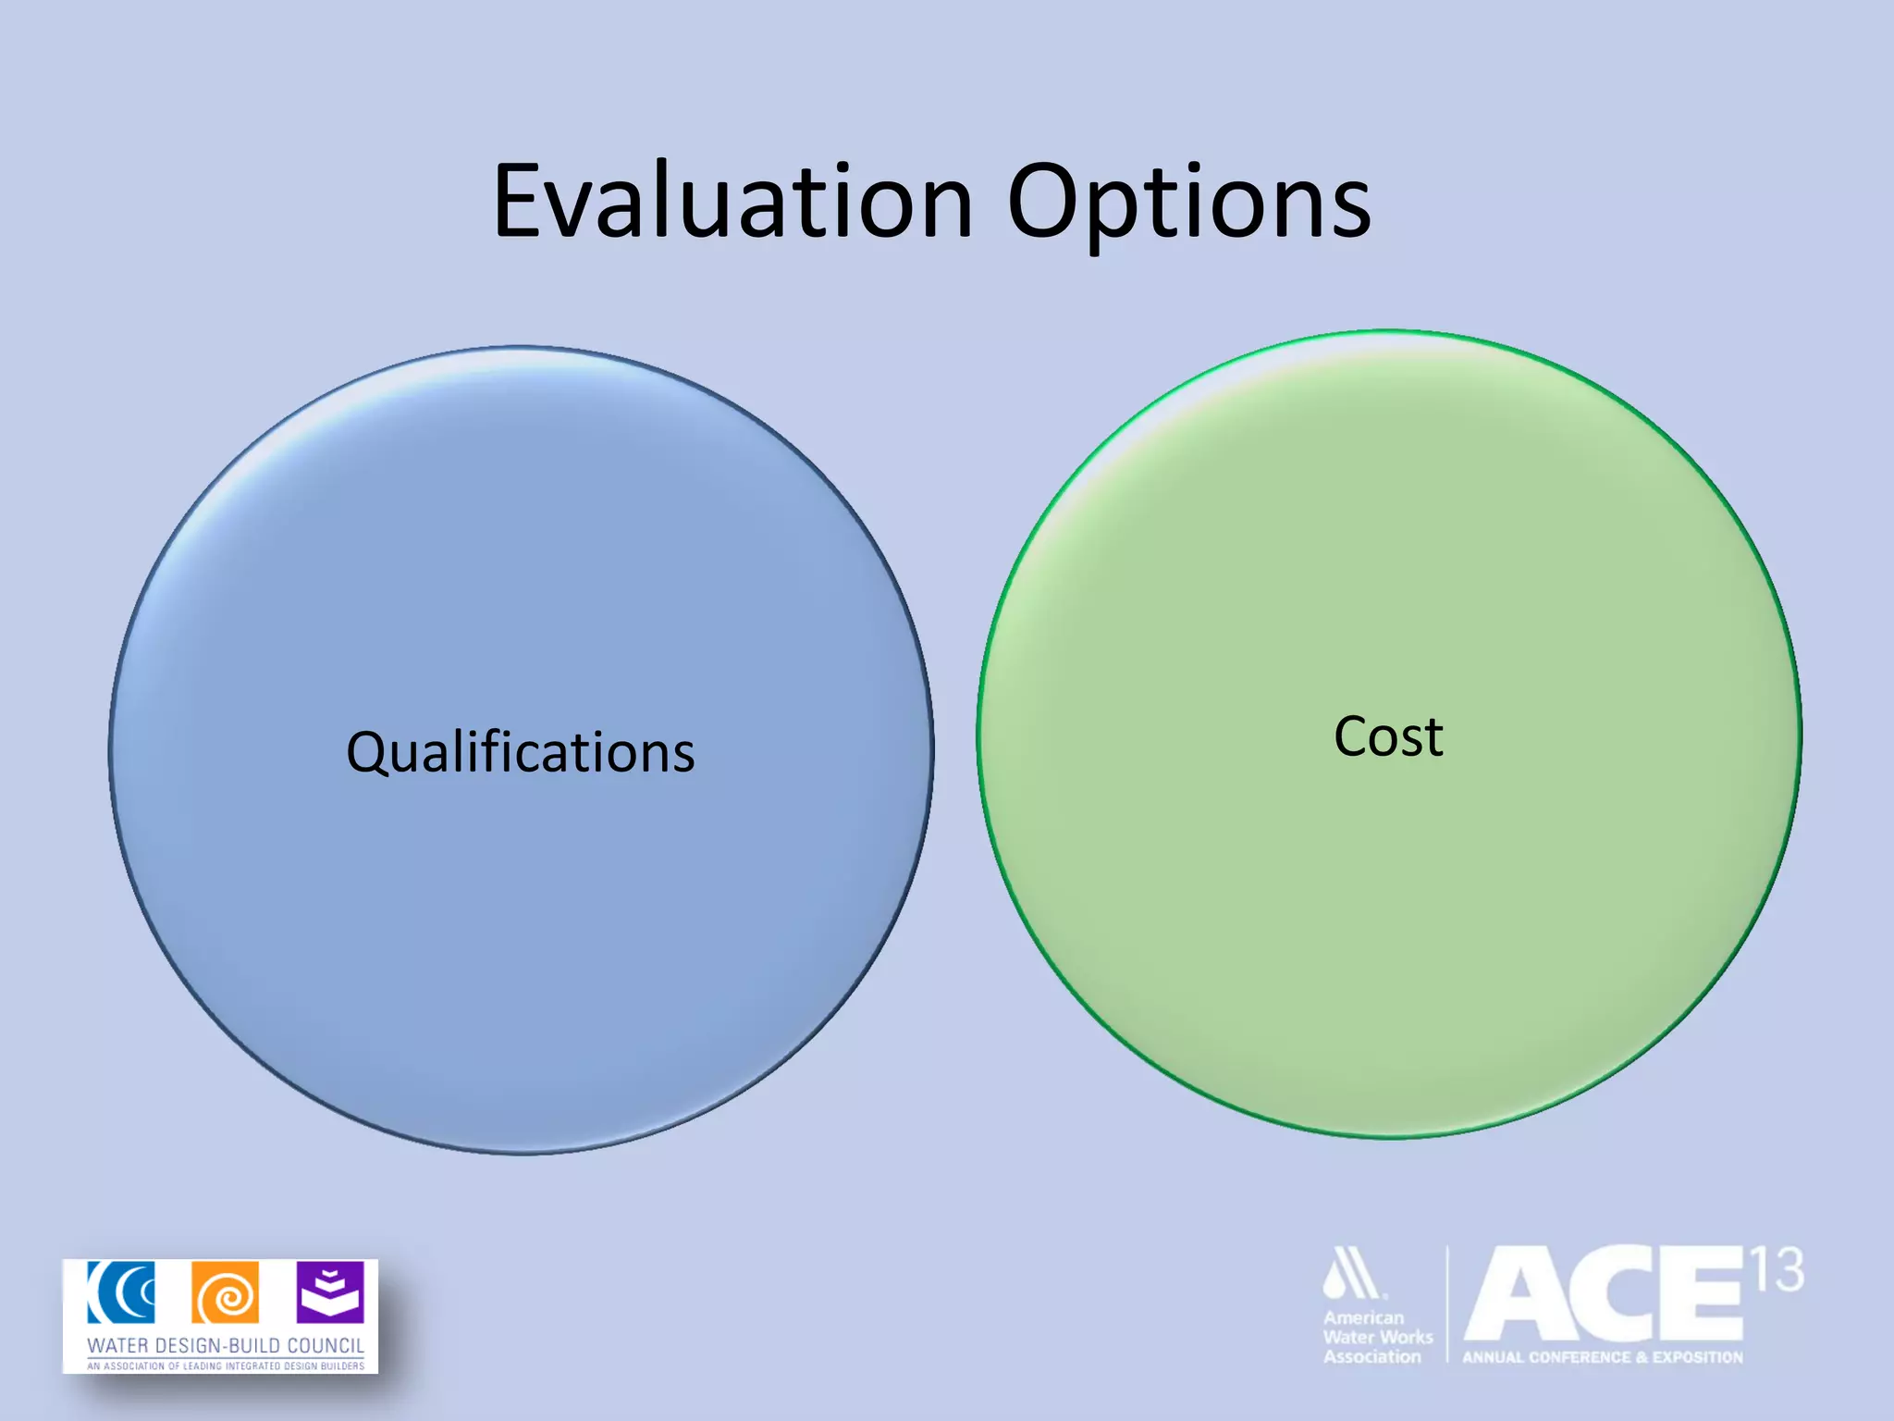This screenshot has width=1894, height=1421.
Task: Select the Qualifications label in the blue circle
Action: [521, 752]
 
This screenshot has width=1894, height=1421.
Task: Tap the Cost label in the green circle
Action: [1388, 737]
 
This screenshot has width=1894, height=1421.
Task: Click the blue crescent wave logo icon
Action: [121, 1292]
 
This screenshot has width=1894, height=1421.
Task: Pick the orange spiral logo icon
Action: [225, 1292]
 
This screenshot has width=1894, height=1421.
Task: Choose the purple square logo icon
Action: [330, 1292]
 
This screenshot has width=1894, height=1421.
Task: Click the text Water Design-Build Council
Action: [225, 1345]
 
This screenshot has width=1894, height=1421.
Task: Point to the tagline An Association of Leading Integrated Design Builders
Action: [225, 1365]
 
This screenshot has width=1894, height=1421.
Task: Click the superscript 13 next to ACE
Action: [1777, 1270]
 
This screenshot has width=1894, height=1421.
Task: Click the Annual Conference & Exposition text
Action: [1602, 1357]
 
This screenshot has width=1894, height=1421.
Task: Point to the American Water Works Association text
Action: [1376, 1337]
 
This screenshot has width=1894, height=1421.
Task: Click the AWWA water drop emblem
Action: [1353, 1275]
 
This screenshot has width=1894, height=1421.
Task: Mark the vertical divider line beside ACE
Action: [1447, 1304]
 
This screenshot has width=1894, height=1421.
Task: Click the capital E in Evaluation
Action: [520, 201]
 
